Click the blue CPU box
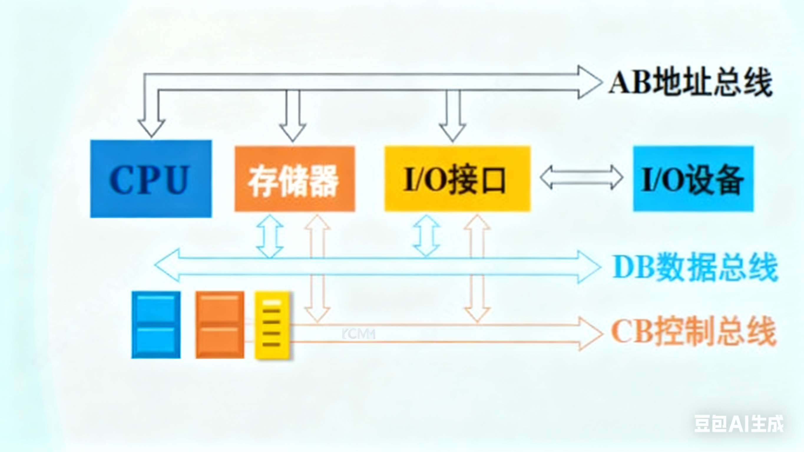click(151, 178)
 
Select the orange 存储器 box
click(295, 179)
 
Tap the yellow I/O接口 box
click(457, 179)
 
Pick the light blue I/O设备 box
click(693, 179)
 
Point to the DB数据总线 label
click(695, 267)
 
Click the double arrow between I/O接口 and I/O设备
click(581, 178)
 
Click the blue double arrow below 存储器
click(270, 236)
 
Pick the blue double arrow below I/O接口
click(427, 236)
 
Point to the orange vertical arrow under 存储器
click(317, 269)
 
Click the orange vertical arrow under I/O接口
click(477, 269)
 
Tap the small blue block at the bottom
click(156, 324)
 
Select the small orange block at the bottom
click(220, 324)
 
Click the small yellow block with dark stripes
click(272, 324)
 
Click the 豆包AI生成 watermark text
click(739, 424)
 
